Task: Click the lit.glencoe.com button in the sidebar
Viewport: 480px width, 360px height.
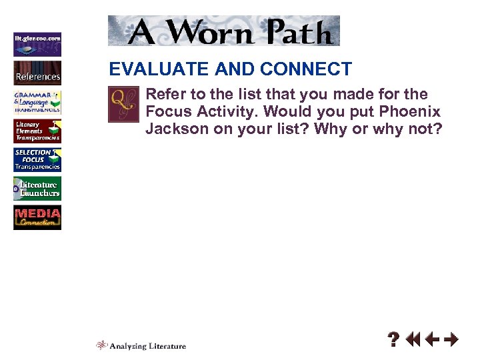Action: click(37, 44)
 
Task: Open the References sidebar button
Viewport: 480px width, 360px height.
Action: click(37, 73)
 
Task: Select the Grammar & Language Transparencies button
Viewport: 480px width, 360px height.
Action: click(37, 102)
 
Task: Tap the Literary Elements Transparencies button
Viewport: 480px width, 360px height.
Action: click(37, 131)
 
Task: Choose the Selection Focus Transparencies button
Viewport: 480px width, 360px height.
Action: click(37, 160)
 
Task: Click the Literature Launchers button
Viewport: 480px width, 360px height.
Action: click(37, 189)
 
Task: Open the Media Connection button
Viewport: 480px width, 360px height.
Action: click(37, 218)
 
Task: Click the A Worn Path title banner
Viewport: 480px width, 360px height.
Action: click(223, 31)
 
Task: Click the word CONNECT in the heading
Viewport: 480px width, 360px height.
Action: click(306, 69)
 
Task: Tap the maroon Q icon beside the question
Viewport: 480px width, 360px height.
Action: click(123, 105)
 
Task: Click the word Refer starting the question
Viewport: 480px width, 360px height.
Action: click(163, 94)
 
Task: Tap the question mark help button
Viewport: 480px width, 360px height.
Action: click(394, 340)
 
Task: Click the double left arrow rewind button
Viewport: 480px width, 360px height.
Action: click(413, 340)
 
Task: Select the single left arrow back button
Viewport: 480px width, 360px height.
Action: click(433, 340)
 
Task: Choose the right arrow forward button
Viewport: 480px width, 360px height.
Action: click(451, 340)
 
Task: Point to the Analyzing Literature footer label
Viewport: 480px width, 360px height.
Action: click(141, 345)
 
